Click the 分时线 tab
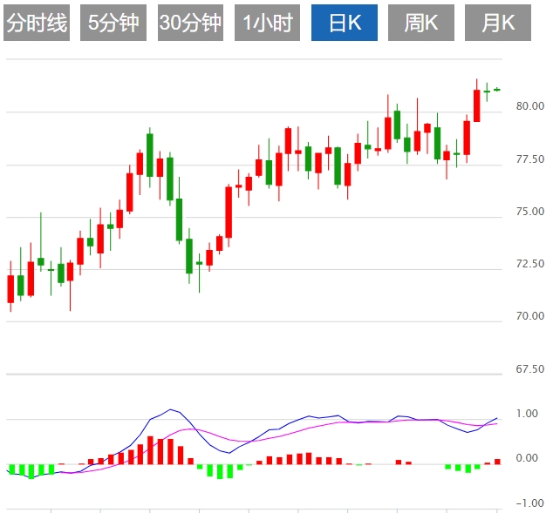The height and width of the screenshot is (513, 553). [37, 24]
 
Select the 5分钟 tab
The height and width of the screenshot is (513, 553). [113, 24]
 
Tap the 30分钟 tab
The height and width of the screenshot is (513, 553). [190, 24]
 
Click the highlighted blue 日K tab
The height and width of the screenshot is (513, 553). [345, 24]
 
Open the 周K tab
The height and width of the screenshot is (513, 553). [421, 24]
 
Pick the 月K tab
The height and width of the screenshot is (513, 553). [498, 24]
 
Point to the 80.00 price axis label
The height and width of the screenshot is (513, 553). [529, 106]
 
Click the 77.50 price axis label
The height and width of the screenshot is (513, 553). [529, 159]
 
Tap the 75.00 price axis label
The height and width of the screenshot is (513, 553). [529, 212]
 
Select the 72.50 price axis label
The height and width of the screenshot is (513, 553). [529, 264]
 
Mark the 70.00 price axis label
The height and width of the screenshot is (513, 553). [529, 316]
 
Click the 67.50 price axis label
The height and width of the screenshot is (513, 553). [529, 369]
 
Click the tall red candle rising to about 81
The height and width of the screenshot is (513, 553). [476, 105]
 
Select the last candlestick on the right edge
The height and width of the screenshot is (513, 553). [497, 89]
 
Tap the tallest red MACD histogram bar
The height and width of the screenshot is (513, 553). [150, 449]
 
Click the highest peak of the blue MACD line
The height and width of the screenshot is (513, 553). [171, 409]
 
